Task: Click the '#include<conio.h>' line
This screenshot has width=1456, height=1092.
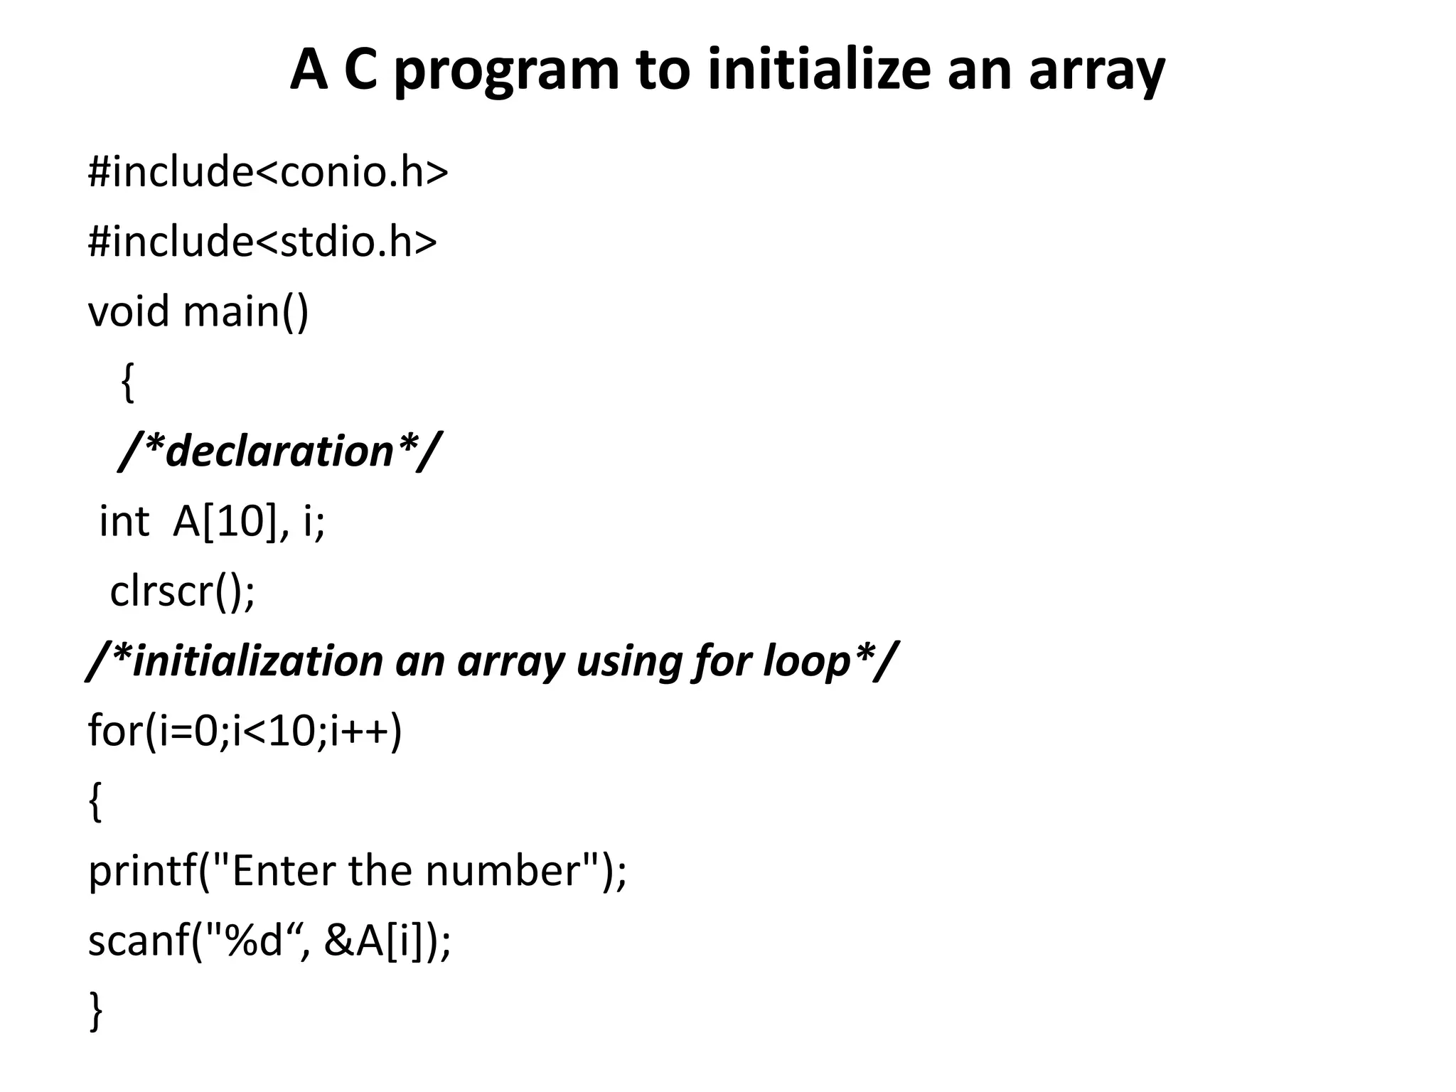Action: (268, 172)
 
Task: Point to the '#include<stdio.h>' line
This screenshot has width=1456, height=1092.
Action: (262, 242)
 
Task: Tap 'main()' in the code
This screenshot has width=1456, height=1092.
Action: (246, 313)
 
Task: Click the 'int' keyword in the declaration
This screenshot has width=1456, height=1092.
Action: (124, 522)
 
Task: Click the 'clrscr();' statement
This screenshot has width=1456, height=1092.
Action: (182, 591)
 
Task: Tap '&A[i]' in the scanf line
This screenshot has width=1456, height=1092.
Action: (378, 941)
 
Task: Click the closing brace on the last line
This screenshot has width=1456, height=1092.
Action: (96, 1012)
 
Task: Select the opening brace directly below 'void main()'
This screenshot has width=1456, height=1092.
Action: (127, 382)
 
